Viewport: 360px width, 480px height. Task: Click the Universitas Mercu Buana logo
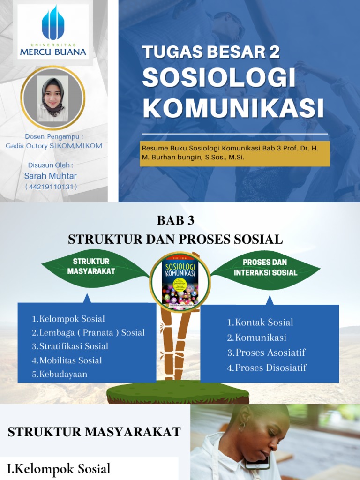pos(53,31)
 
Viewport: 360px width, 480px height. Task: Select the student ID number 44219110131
pos(51,187)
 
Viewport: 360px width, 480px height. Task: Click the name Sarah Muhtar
pos(50,176)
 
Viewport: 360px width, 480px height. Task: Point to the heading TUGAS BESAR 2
pos(210,52)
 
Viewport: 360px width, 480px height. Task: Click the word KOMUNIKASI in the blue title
pos(233,108)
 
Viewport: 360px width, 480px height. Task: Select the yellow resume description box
pos(236,153)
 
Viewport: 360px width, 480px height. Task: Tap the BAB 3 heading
pos(175,220)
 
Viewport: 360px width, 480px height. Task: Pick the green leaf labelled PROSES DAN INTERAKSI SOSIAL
pos(265,268)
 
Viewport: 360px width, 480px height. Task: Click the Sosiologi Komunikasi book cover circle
pos(180,282)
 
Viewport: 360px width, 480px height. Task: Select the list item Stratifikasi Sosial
pos(70,346)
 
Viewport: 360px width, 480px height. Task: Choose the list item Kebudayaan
pos(60,374)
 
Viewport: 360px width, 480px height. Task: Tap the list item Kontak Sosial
pos(260,322)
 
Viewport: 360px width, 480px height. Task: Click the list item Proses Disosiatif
pos(267,367)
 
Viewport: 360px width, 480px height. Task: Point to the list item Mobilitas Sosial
pos(67,360)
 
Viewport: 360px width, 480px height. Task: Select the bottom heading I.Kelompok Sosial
pos(59,468)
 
